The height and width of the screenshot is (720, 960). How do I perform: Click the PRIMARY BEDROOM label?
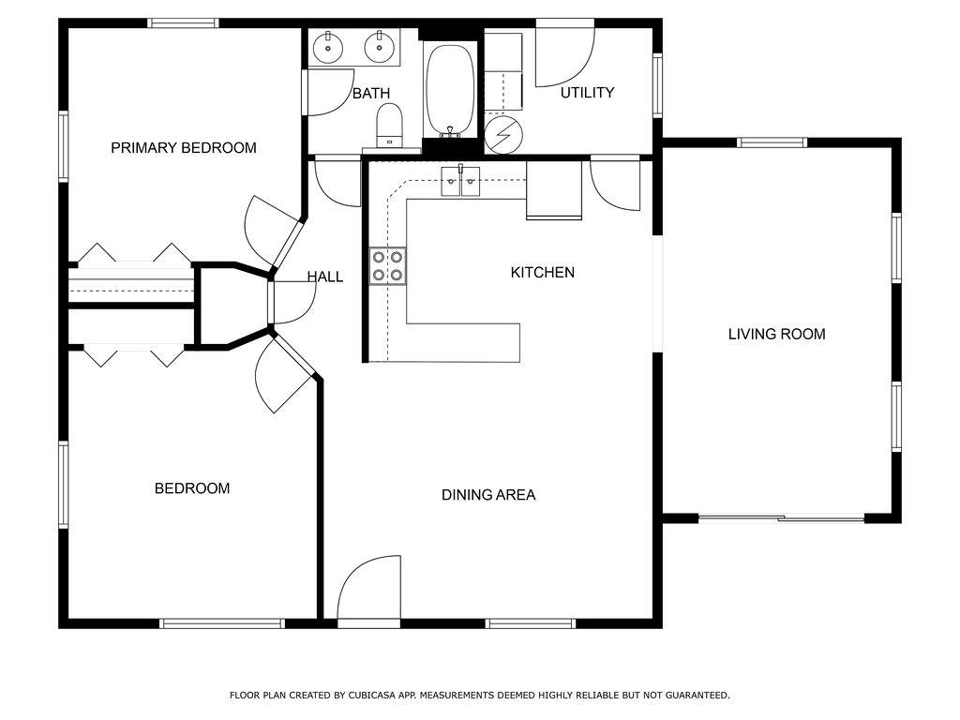point(183,147)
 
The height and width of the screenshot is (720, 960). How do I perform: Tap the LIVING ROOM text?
point(776,335)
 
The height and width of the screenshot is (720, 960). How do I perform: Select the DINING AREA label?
point(487,495)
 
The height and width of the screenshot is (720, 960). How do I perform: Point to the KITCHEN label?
point(543,273)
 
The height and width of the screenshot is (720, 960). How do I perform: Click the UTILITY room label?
point(587,93)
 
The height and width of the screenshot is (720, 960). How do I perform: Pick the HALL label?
point(325,277)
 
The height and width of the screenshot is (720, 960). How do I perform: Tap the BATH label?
point(371,93)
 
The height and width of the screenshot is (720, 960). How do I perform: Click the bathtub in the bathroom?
point(450,89)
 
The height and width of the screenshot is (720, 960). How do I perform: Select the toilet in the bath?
point(389,126)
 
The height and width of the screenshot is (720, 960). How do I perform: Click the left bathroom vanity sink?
point(329,47)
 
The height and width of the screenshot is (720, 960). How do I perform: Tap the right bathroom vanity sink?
point(381,47)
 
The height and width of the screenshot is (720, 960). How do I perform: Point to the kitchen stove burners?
point(387,266)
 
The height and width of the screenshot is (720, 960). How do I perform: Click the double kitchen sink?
point(461,181)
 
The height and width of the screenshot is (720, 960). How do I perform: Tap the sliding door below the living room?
point(781,519)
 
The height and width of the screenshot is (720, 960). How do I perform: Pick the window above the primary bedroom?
point(183,23)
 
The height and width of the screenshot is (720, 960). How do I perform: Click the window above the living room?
point(772,142)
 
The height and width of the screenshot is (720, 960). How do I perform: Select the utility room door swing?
point(564,56)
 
